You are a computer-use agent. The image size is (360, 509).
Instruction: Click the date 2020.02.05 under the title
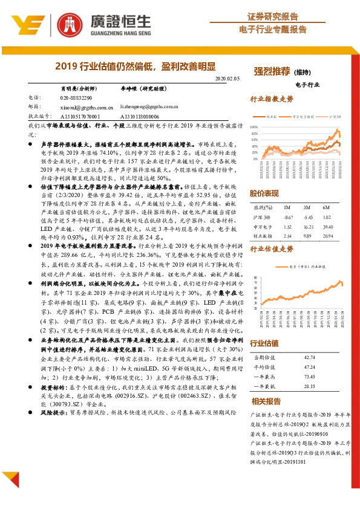[x=227, y=79]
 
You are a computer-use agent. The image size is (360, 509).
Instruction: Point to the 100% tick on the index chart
[x=254, y=127]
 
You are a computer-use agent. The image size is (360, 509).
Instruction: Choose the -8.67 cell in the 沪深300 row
[x=288, y=216]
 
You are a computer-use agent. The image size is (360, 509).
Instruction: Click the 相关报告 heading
[x=266, y=401]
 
